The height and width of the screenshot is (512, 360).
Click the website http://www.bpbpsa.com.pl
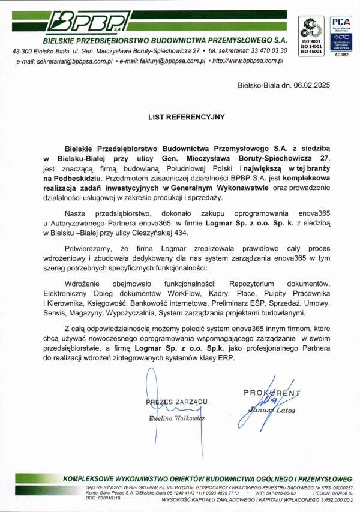248,61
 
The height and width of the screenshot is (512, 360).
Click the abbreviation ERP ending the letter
211,358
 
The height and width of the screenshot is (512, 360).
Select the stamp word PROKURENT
272,393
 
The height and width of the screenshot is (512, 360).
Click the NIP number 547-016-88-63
275,493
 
